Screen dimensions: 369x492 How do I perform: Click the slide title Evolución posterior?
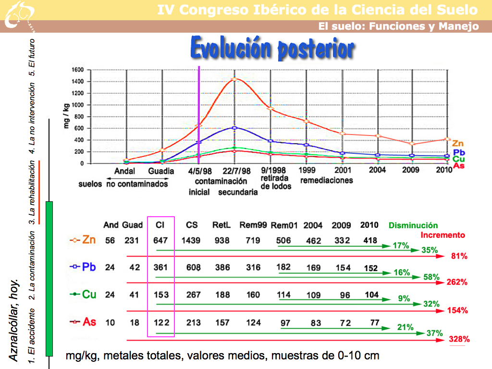(272, 48)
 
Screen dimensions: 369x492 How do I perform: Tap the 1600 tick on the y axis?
(78, 70)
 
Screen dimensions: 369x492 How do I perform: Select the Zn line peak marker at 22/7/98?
(234, 79)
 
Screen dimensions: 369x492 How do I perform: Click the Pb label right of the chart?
(458, 152)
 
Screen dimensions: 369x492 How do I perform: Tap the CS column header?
(192, 225)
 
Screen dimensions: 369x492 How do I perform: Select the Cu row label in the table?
(89, 294)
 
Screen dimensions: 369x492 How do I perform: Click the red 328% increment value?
(459, 339)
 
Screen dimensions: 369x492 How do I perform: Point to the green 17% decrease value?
(401, 246)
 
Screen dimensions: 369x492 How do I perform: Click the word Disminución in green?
(413, 225)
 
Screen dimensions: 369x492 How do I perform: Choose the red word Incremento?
(443, 235)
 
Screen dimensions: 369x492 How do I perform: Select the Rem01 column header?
(284, 225)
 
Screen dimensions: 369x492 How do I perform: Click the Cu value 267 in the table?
(193, 294)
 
